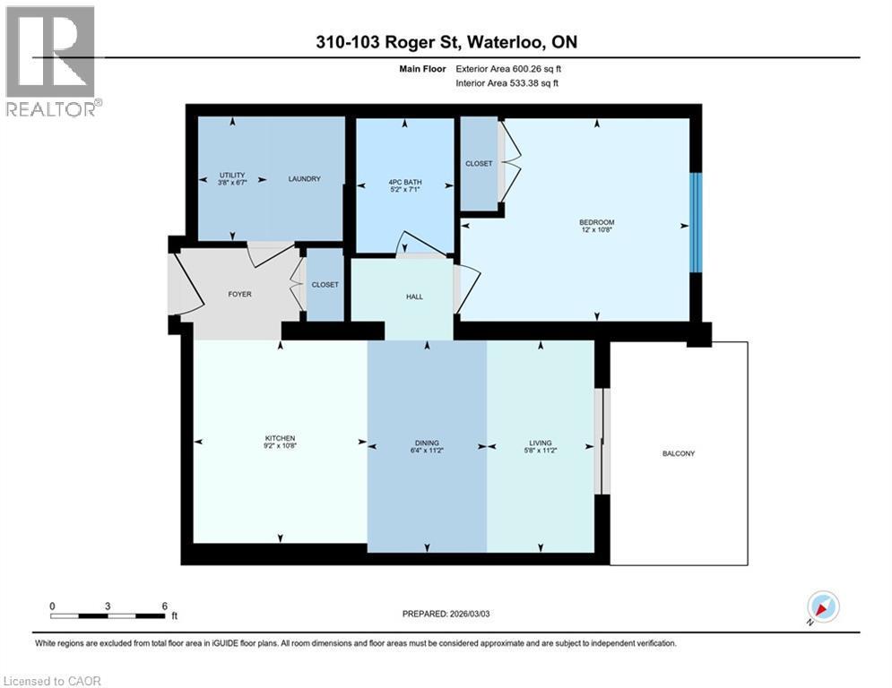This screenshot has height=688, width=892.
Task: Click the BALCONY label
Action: [x=679, y=453]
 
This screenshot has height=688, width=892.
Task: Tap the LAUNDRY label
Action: [x=304, y=179]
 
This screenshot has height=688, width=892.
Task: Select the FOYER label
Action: [x=239, y=294]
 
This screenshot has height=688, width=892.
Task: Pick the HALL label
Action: [x=414, y=297]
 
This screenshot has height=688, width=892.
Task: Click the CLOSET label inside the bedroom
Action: [x=479, y=164]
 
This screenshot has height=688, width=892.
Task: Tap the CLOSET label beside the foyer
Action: [x=325, y=285]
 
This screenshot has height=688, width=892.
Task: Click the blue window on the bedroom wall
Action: [x=695, y=221]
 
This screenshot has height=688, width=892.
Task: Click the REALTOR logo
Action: [x=51, y=61]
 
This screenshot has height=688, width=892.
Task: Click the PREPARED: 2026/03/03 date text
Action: [x=446, y=614]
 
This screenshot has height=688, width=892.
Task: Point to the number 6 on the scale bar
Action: [x=164, y=606]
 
